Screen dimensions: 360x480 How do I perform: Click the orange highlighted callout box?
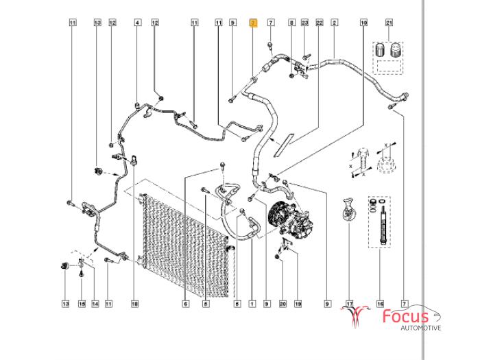[252, 23]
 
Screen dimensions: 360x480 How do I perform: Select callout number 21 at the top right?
[389, 23]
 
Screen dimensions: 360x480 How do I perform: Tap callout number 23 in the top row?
[304, 23]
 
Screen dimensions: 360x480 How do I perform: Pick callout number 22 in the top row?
[319, 23]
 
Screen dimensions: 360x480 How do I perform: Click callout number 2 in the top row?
[334, 23]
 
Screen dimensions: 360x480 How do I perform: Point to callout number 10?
[363, 23]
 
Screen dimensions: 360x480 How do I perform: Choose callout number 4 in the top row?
[137, 23]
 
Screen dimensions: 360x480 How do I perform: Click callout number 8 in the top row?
[291, 23]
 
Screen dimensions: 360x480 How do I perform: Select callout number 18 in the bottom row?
[134, 303]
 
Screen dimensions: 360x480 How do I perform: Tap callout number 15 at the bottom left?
[81, 303]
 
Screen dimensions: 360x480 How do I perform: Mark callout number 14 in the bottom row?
[95, 303]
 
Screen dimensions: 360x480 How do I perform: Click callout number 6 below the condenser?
[186, 303]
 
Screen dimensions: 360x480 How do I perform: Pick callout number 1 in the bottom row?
[252, 303]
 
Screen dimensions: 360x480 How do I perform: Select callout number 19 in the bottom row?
[298, 303]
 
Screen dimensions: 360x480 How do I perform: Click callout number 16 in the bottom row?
[381, 303]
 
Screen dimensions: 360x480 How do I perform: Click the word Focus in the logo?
[405, 317]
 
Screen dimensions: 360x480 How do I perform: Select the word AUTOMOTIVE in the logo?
[420, 328]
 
